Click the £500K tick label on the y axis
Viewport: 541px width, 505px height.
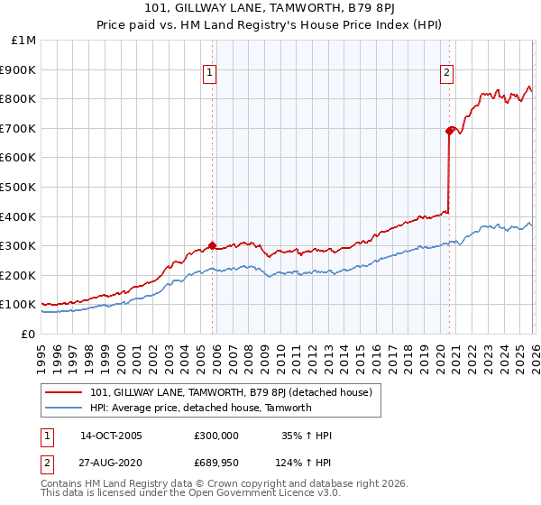tap(18, 187)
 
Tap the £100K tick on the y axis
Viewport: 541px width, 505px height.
tap(18, 305)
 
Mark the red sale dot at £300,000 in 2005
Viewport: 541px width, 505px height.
tap(213, 245)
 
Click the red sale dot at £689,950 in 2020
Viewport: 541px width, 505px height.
tap(449, 131)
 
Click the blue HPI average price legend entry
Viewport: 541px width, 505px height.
tap(200, 408)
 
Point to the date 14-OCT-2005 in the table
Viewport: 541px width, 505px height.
tap(111, 436)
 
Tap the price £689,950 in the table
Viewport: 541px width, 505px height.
tap(215, 463)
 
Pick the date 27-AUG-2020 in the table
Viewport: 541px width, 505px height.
tap(111, 463)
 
